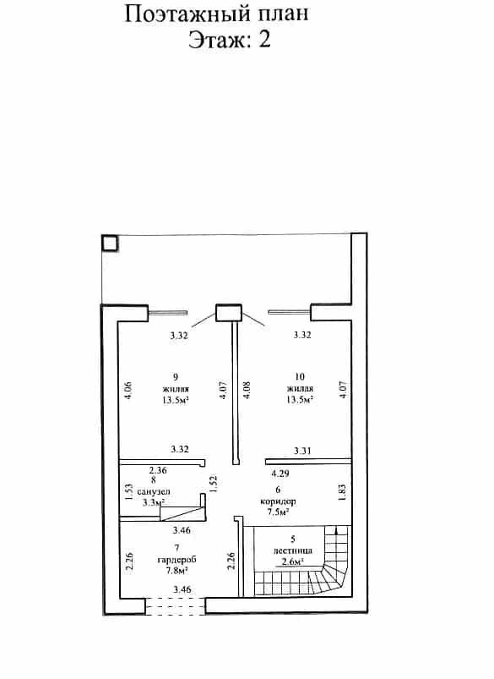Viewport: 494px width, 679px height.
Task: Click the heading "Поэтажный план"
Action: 217,14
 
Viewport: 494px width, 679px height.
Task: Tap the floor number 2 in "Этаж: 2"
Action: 265,40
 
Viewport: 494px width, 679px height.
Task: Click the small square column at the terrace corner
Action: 110,244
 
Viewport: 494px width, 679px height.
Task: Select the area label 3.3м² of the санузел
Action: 154,503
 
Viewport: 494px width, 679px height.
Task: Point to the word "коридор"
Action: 278,501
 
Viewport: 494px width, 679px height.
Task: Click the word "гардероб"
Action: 176,560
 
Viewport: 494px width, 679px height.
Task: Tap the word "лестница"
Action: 292,550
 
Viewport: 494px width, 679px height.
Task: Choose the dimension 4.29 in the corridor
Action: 280,474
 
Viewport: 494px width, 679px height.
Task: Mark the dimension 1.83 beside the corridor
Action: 342,492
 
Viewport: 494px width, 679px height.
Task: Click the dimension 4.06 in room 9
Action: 128,390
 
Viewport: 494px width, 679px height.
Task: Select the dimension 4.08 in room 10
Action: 247,390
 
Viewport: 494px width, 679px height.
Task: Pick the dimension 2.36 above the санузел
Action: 158,470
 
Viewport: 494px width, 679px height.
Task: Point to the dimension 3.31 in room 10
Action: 302,451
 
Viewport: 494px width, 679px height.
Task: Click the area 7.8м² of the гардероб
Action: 176,570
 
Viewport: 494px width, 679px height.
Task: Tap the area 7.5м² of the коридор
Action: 278,512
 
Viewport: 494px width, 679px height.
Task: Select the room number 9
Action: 175,377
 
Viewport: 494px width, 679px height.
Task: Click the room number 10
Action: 299,377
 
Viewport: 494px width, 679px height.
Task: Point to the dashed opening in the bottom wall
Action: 175,605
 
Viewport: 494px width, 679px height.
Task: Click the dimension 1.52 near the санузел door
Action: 213,485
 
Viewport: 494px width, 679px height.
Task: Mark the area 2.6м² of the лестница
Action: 292,561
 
